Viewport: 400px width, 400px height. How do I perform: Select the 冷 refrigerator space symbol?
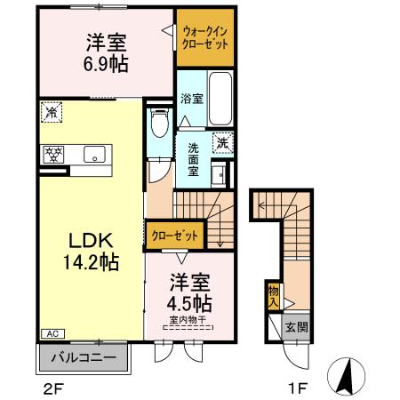pos(52,112)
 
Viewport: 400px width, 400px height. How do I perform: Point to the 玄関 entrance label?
pos(297,327)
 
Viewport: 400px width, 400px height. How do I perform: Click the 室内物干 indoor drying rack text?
pos(187,320)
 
